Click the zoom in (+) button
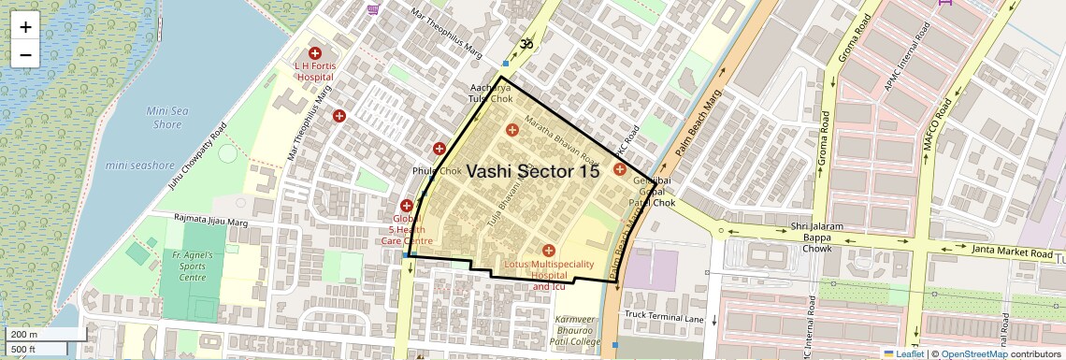25,26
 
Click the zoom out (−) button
25,54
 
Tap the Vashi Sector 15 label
532,171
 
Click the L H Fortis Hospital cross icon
315,54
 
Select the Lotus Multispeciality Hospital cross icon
549,250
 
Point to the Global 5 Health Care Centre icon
407,206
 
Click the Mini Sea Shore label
165,117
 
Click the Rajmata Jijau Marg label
211,220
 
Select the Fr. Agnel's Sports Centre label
193,266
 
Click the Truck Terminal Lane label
664,318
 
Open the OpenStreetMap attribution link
973,353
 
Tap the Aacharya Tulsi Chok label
491,93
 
